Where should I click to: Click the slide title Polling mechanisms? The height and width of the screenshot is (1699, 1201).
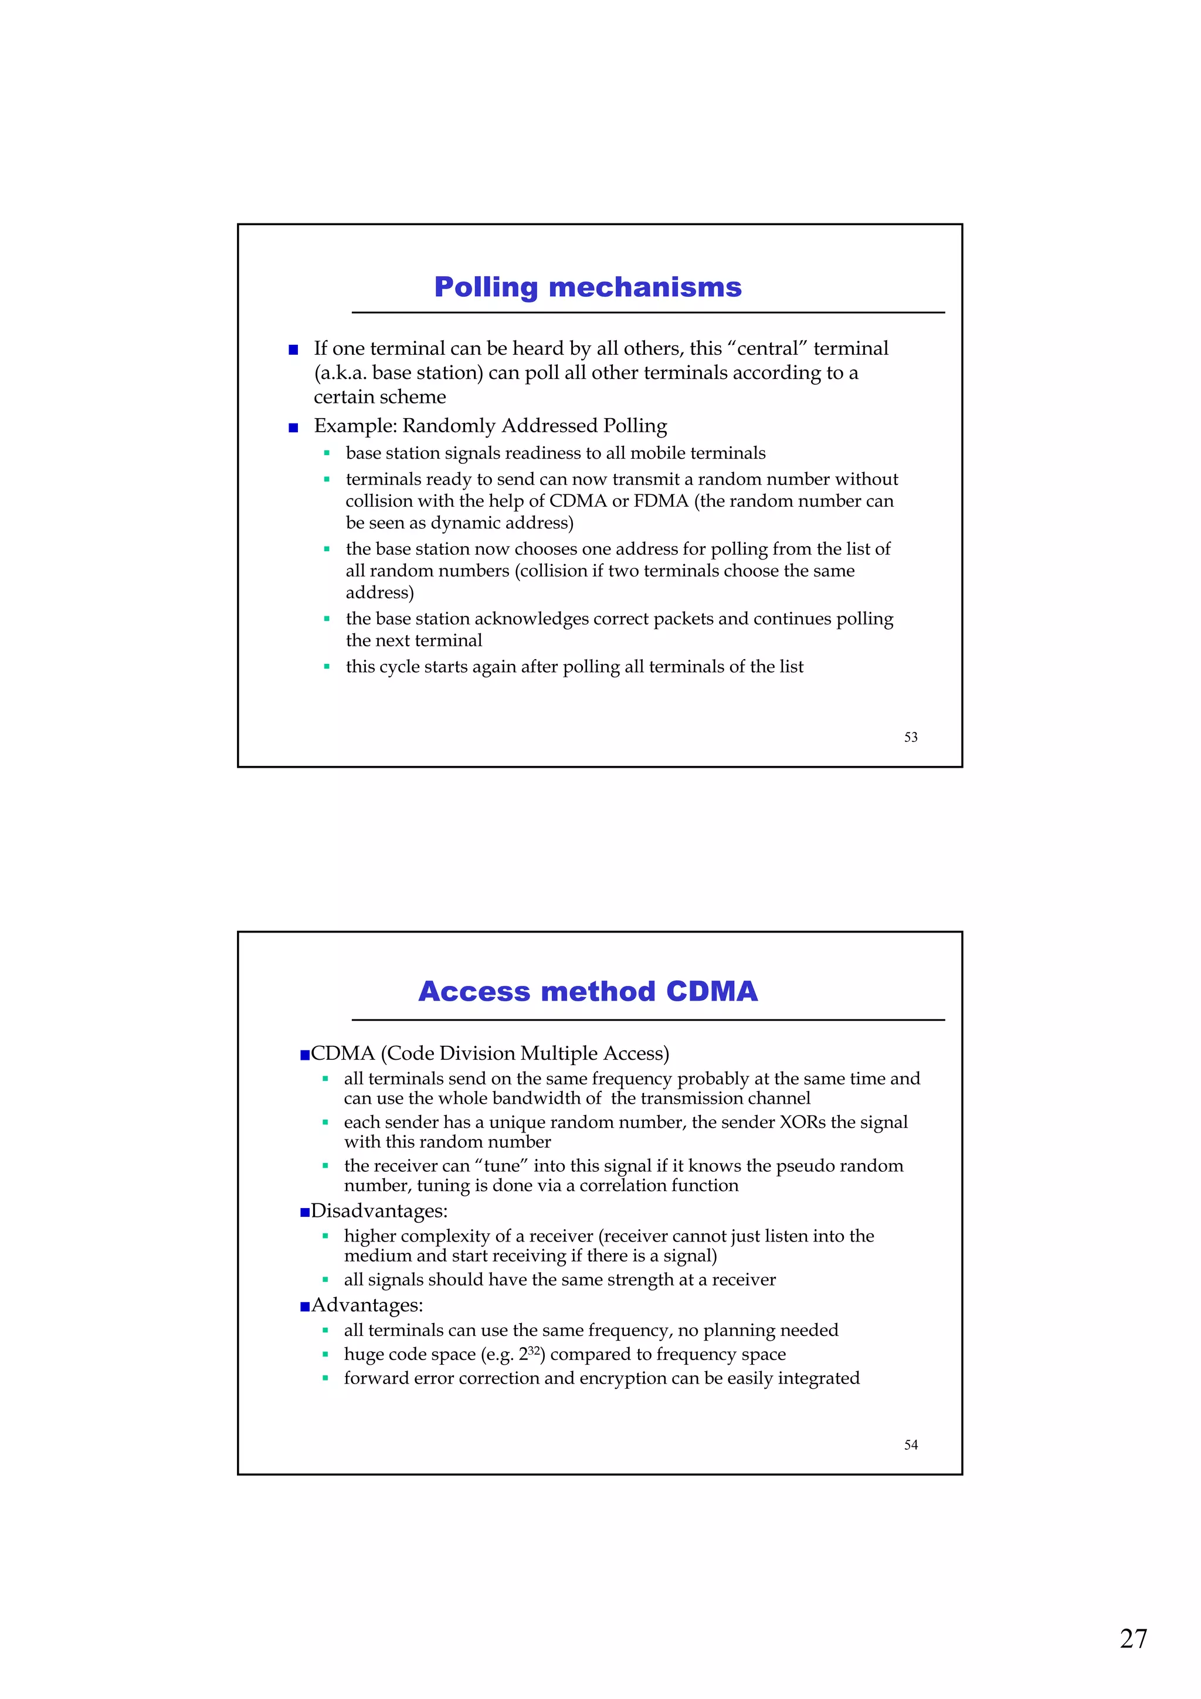(x=588, y=287)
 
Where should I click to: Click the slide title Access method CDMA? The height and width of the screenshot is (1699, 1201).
(x=588, y=992)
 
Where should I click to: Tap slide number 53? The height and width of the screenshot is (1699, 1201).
(x=910, y=737)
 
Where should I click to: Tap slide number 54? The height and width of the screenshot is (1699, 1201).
(x=910, y=1444)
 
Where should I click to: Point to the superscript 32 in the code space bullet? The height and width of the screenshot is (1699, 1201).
(x=534, y=1349)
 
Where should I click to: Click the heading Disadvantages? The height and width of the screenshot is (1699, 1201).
(x=379, y=1210)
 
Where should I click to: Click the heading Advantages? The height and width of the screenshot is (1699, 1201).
(x=367, y=1304)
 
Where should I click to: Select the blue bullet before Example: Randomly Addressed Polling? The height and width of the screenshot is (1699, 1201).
(x=293, y=427)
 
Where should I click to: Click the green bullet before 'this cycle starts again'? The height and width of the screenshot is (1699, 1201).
(x=326, y=667)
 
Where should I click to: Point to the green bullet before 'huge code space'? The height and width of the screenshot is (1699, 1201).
(x=325, y=1355)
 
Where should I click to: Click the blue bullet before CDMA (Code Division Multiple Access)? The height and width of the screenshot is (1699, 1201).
(x=304, y=1054)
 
